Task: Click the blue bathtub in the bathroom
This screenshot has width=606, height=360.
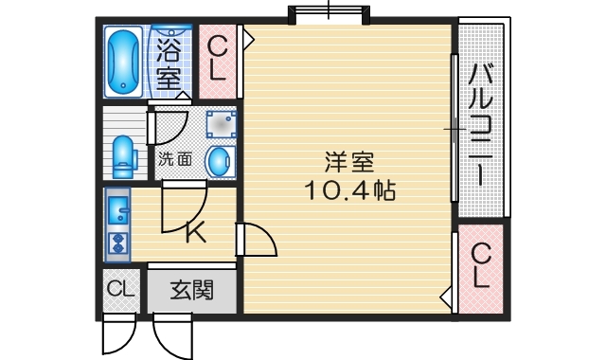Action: (x=122, y=62)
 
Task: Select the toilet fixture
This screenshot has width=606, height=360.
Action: (x=124, y=156)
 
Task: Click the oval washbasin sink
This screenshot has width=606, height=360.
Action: (x=218, y=161)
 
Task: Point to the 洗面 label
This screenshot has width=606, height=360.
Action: (x=174, y=159)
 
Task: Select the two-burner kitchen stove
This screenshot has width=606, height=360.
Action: (x=119, y=242)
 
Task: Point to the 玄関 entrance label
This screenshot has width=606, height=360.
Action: (x=190, y=291)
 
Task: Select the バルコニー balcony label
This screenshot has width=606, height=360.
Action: (x=482, y=123)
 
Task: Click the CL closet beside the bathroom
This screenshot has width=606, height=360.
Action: (x=218, y=58)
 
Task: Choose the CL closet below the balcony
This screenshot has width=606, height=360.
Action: (x=481, y=266)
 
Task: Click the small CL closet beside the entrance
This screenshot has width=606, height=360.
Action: (x=119, y=290)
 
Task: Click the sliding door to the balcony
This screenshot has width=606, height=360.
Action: (x=453, y=128)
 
